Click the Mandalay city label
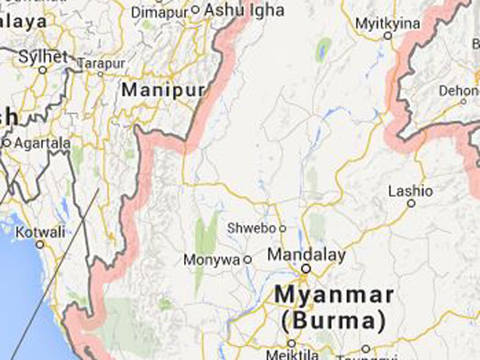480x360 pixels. (x=306, y=254)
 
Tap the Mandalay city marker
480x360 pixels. (x=306, y=269)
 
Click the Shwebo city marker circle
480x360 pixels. (x=282, y=228)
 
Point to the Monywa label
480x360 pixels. (x=212, y=259)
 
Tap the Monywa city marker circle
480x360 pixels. (x=247, y=259)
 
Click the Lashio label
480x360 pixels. (x=410, y=191)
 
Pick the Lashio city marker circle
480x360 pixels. (x=411, y=203)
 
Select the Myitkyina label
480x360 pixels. (x=387, y=22)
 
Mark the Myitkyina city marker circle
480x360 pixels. (x=388, y=34)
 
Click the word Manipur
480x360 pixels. (x=162, y=90)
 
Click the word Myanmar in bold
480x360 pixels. (x=334, y=294)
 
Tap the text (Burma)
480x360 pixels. (x=333, y=322)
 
